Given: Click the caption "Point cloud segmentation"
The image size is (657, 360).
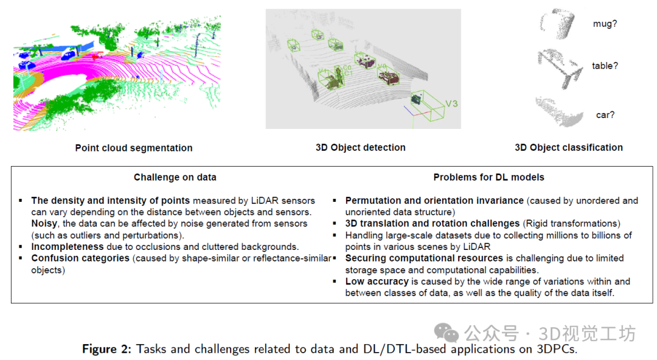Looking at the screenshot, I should [x=134, y=148].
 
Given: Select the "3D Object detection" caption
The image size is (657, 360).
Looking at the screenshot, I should [x=360, y=147].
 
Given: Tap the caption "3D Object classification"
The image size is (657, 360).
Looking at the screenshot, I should [x=569, y=147].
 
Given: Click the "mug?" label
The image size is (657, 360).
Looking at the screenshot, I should [x=605, y=24].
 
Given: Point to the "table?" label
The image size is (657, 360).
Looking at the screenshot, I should [x=605, y=66].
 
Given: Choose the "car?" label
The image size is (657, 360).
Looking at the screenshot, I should [x=605, y=115].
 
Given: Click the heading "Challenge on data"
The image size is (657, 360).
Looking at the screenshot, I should [x=175, y=178].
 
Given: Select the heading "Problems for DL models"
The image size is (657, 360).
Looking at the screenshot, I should [x=488, y=178].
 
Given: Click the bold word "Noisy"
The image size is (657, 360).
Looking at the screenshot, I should [x=44, y=224].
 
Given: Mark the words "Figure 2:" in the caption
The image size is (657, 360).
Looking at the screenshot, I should [x=107, y=349].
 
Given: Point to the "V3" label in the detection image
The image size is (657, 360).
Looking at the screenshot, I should [x=451, y=104].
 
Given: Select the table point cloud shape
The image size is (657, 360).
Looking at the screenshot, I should [x=560, y=65].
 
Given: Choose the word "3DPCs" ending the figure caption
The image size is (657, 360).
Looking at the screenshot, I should [x=556, y=349].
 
